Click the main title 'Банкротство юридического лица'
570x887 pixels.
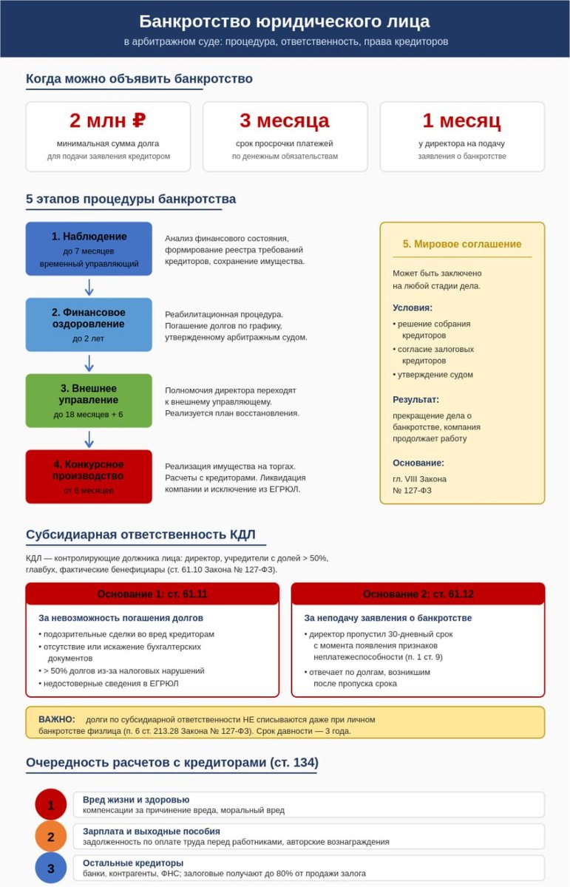pyautogui.click(x=285, y=21)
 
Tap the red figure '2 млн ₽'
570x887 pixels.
pyautogui.click(x=108, y=120)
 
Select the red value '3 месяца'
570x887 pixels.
pyautogui.click(x=285, y=120)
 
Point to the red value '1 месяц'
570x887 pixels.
pyautogui.click(x=462, y=120)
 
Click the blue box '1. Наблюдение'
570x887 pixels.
pyautogui.click(x=89, y=248)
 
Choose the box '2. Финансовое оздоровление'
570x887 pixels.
pyautogui.click(x=89, y=324)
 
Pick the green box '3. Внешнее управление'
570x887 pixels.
pyautogui.click(x=89, y=401)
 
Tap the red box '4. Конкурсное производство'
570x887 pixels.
pyautogui.click(x=89, y=477)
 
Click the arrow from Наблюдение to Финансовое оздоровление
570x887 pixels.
pyautogui.click(x=89, y=287)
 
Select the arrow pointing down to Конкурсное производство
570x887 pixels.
pyautogui.click(x=89, y=439)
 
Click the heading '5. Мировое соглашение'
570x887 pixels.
pyautogui.click(x=462, y=244)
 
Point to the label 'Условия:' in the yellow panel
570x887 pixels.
pyautogui.click(x=413, y=307)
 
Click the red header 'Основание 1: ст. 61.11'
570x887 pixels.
pyautogui.click(x=152, y=594)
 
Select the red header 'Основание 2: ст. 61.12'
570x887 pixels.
pyautogui.click(x=418, y=594)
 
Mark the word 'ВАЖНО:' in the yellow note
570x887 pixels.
pyautogui.click(x=57, y=719)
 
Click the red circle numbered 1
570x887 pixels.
pyautogui.click(x=51, y=805)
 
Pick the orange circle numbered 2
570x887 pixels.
pyautogui.click(x=51, y=837)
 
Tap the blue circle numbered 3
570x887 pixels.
pyautogui.click(x=51, y=869)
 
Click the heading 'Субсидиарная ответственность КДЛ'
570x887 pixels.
pyautogui.click(x=140, y=535)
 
